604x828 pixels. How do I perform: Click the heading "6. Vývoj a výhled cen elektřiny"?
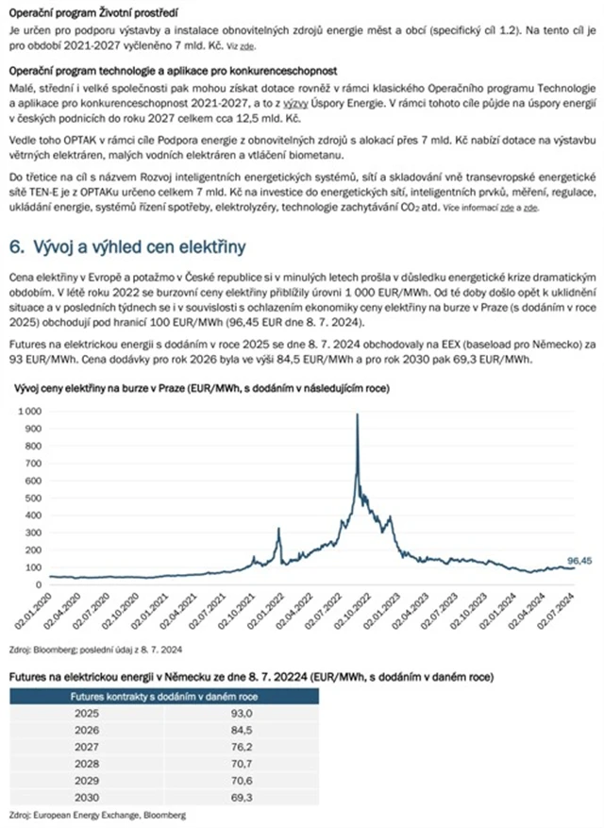(126, 247)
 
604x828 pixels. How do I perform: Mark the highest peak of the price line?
(357, 414)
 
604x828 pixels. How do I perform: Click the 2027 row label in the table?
(87, 745)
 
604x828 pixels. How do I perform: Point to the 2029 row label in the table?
(87, 779)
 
